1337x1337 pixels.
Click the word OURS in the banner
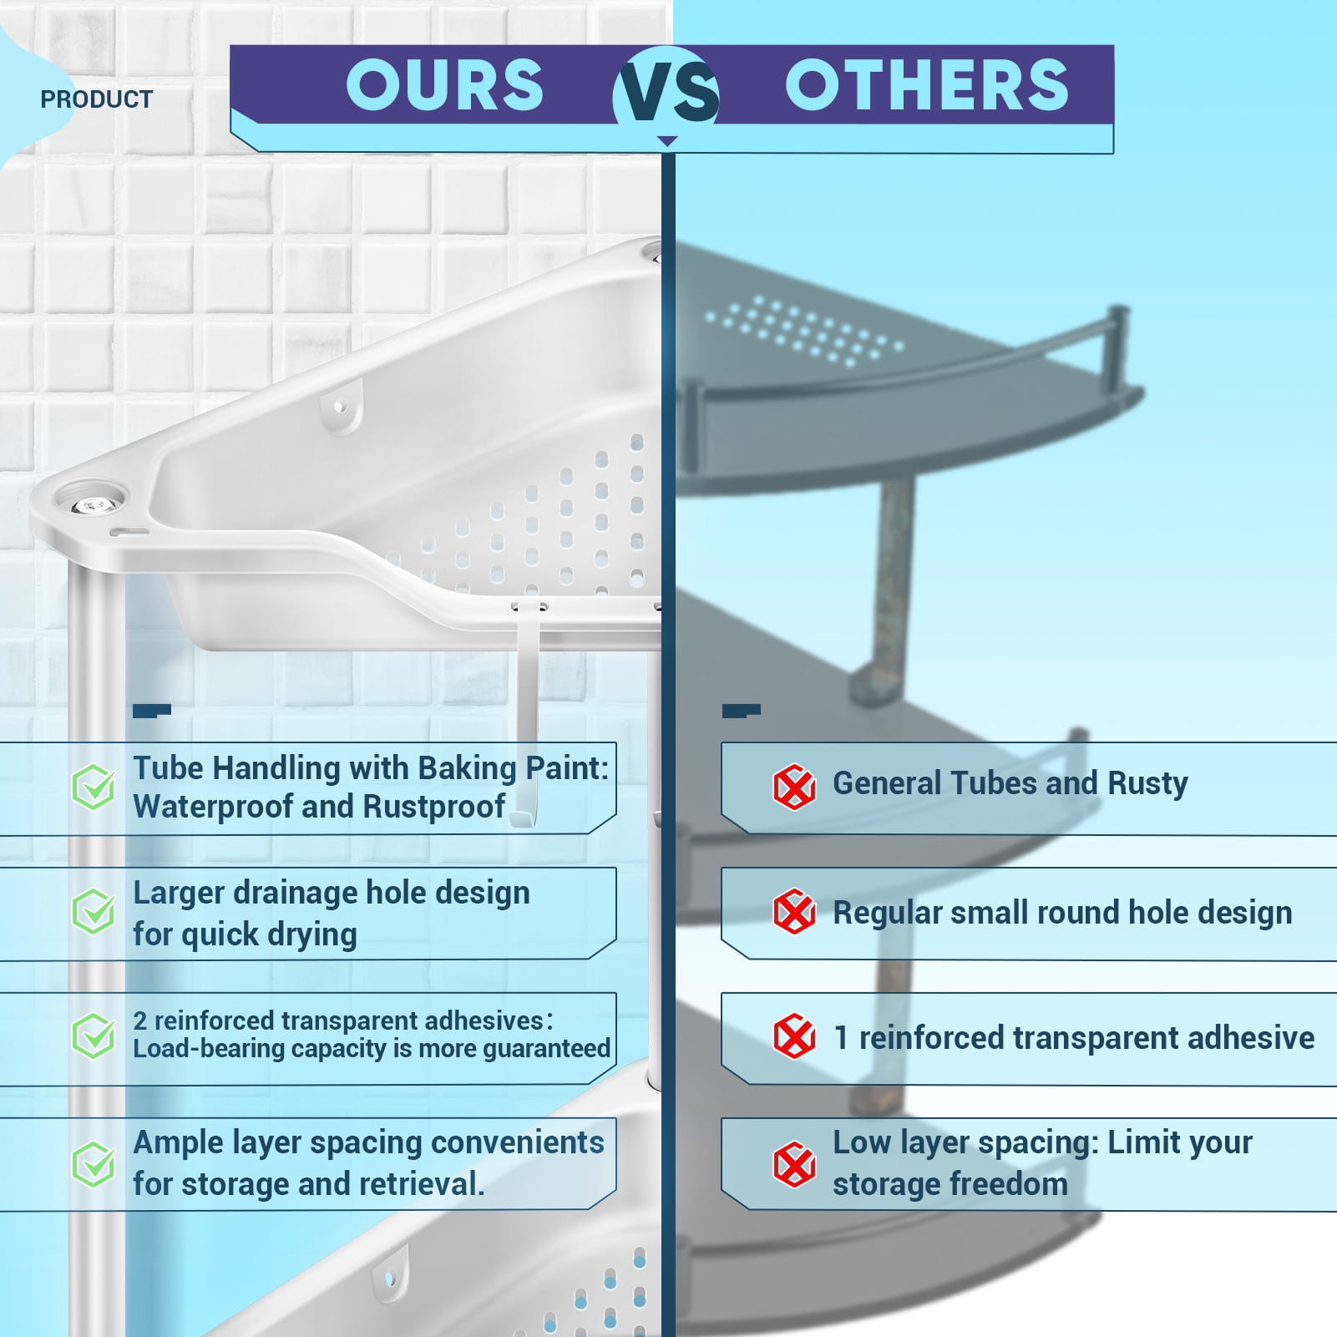[x=445, y=85]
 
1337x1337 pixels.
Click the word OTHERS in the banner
[x=927, y=85]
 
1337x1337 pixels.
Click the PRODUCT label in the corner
[x=97, y=99]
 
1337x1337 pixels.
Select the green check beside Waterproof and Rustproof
[x=94, y=787]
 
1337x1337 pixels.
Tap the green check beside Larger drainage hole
[x=94, y=911]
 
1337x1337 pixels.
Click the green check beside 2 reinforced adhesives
[x=94, y=1036]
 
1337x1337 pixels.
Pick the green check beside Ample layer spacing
[x=94, y=1164]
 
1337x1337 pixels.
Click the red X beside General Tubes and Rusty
[x=794, y=787]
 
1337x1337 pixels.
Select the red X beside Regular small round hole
[x=794, y=911]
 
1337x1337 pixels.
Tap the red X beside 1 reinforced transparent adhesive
[x=794, y=1036]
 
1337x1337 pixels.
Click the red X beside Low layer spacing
[x=794, y=1164]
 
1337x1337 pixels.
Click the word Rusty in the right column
[x=1147, y=784]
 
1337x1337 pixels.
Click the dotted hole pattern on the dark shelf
[x=803, y=331]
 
